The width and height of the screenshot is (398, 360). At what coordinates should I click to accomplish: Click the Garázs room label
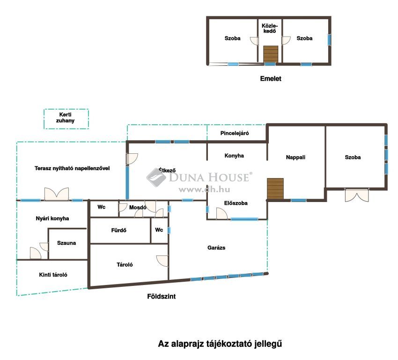(x=216, y=247)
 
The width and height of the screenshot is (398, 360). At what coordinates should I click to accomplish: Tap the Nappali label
(x=295, y=157)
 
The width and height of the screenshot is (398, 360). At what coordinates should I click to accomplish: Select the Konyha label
(x=234, y=156)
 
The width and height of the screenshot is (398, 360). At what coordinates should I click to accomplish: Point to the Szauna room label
(x=66, y=243)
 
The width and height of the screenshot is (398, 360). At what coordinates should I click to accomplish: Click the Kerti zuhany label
(x=65, y=118)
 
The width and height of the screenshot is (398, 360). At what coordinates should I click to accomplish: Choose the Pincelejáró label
(x=235, y=133)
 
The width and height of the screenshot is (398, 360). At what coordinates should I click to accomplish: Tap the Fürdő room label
(x=118, y=231)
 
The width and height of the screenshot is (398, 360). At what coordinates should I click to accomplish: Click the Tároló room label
(x=125, y=265)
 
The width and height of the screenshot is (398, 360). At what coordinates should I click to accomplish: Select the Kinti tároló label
(x=53, y=275)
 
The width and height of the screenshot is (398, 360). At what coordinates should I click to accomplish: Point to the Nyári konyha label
(x=52, y=218)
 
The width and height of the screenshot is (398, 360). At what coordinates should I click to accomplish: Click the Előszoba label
(x=236, y=203)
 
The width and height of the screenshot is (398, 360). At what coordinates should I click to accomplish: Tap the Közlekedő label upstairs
(x=270, y=29)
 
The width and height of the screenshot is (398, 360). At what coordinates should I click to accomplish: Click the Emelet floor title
(x=271, y=78)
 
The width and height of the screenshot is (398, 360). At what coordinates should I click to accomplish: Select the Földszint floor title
(x=162, y=296)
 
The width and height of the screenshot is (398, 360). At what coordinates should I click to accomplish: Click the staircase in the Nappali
(x=275, y=188)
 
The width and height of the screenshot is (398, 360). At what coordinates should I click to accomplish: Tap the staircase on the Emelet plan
(x=271, y=54)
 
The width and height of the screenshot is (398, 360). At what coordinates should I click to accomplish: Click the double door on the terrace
(x=56, y=194)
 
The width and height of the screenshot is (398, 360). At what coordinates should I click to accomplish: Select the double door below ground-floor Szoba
(x=357, y=195)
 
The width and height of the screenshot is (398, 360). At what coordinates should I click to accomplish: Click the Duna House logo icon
(x=156, y=177)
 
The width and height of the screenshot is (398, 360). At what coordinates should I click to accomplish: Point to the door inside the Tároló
(x=162, y=261)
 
